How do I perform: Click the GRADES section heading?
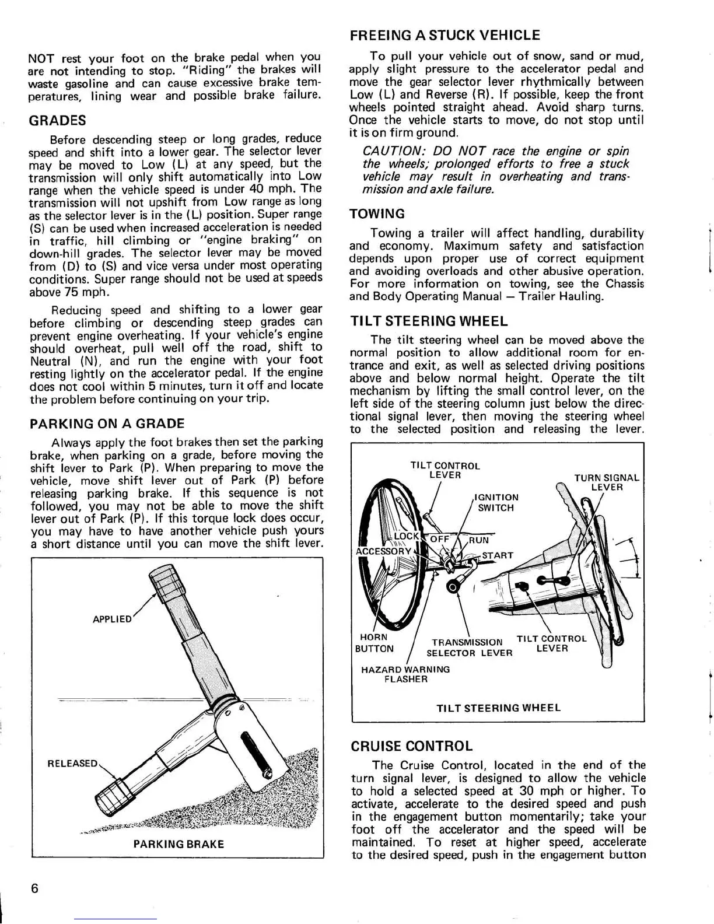click(x=57, y=121)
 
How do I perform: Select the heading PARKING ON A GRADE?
click(x=107, y=423)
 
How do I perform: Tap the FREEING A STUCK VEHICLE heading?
click(x=444, y=36)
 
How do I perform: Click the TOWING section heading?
click(x=376, y=214)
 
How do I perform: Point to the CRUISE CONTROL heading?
click(x=411, y=747)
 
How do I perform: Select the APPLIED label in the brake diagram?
click(x=113, y=619)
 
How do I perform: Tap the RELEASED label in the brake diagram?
click(x=73, y=764)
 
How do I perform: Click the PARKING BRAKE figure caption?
click(x=178, y=844)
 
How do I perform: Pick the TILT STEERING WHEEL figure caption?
click(x=498, y=708)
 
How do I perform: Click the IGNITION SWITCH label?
click(x=496, y=502)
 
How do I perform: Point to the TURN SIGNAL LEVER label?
click(x=607, y=482)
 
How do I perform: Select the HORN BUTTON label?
click(x=374, y=643)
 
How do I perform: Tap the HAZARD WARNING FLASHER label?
click(x=405, y=674)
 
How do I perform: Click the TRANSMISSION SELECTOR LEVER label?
click(x=469, y=647)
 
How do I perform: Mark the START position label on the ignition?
click(x=497, y=555)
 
